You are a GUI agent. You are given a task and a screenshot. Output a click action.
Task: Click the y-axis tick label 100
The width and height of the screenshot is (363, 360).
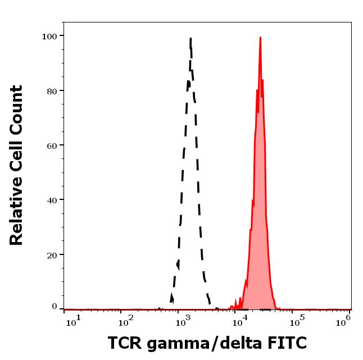click(49, 36)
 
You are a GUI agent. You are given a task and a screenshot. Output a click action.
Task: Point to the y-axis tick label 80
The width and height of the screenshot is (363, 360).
click(51, 90)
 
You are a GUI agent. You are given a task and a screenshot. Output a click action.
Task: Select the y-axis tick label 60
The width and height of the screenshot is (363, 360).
click(51, 145)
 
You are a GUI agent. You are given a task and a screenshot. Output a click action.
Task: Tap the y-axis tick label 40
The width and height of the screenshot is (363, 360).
click(51, 199)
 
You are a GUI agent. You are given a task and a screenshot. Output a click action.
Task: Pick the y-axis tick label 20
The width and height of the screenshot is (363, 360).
click(51, 254)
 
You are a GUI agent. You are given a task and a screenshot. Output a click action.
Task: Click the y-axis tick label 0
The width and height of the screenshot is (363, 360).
click(54, 307)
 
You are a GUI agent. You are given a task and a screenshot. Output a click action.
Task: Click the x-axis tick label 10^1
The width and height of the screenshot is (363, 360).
click(72, 320)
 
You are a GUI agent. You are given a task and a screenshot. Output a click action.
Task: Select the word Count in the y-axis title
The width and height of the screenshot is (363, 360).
click(16, 106)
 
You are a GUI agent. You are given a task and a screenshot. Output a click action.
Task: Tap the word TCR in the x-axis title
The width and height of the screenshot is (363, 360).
click(124, 343)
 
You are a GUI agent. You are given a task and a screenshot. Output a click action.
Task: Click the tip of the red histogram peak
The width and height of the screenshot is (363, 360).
click(260, 38)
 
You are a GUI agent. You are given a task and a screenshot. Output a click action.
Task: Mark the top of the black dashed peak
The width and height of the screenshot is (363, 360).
click(191, 38)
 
